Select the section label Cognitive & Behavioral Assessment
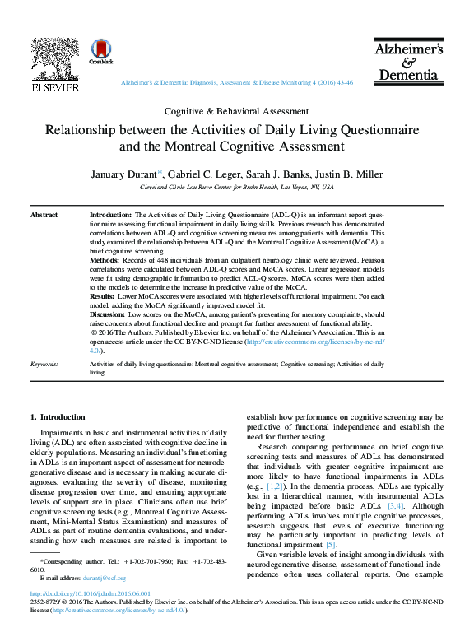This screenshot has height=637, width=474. pyautogui.click(x=236, y=111)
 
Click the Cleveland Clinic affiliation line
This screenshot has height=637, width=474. pyautogui.click(x=236, y=188)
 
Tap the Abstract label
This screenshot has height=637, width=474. pyautogui.click(x=44, y=215)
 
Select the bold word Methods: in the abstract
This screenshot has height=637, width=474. pyautogui.click(x=105, y=258)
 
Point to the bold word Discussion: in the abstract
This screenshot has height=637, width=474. pyautogui.click(x=107, y=315)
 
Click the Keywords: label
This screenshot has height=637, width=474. pyautogui.click(x=44, y=363)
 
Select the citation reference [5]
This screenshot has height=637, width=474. pyautogui.click(x=331, y=544)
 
